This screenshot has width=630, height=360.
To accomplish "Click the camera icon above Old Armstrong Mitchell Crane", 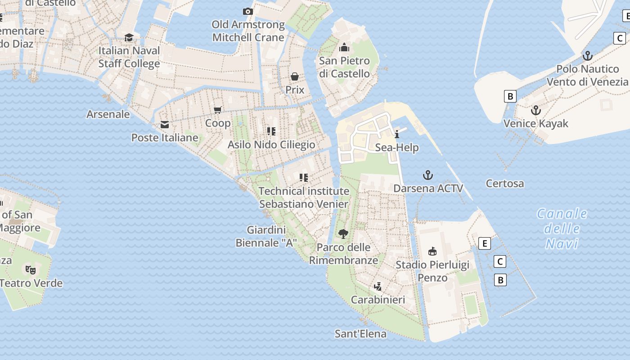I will pos(247,11).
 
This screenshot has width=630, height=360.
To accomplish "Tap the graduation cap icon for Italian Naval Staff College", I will pos(129,37).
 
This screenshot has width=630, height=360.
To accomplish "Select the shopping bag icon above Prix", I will pos(295,76).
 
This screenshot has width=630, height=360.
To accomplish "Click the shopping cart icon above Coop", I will pos(218,110).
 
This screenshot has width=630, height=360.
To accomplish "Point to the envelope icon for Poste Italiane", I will pos(165,124).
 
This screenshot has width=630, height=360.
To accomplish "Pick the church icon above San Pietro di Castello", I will pos(344,47).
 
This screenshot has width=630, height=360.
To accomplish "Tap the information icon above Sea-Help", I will pos(397,134).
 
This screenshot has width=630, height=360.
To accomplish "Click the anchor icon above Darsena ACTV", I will pos(428,175).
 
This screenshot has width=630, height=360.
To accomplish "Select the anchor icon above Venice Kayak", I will pos(535,110).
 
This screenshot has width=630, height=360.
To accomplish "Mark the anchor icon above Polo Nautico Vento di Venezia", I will pos(587,56).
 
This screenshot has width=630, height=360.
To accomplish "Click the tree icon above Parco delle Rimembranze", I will pos(343,234).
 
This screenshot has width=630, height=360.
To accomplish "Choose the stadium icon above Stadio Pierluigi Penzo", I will pos(432,251).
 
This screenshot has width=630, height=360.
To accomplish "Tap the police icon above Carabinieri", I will pos(378,286).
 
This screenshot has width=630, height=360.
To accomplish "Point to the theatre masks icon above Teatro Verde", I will pos(30,270).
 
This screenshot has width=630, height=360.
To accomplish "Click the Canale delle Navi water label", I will pos(562,229).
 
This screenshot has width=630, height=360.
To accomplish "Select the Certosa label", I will pos(505,184).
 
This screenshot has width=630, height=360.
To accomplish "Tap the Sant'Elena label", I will pos(360,333).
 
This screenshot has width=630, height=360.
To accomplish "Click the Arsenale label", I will pos(108,114).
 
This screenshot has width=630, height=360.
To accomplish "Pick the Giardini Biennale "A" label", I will pos(266,237).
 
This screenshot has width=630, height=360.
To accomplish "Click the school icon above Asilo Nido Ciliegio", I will pos(271,131).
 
